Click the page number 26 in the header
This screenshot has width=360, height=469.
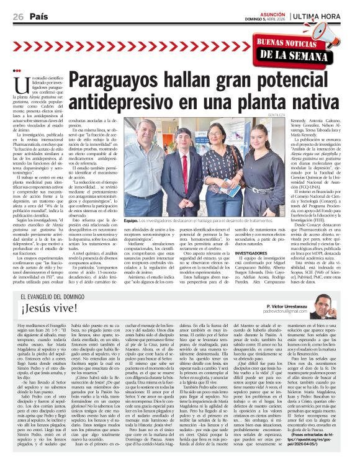[17, 16]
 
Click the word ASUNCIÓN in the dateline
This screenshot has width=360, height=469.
[273, 12]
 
